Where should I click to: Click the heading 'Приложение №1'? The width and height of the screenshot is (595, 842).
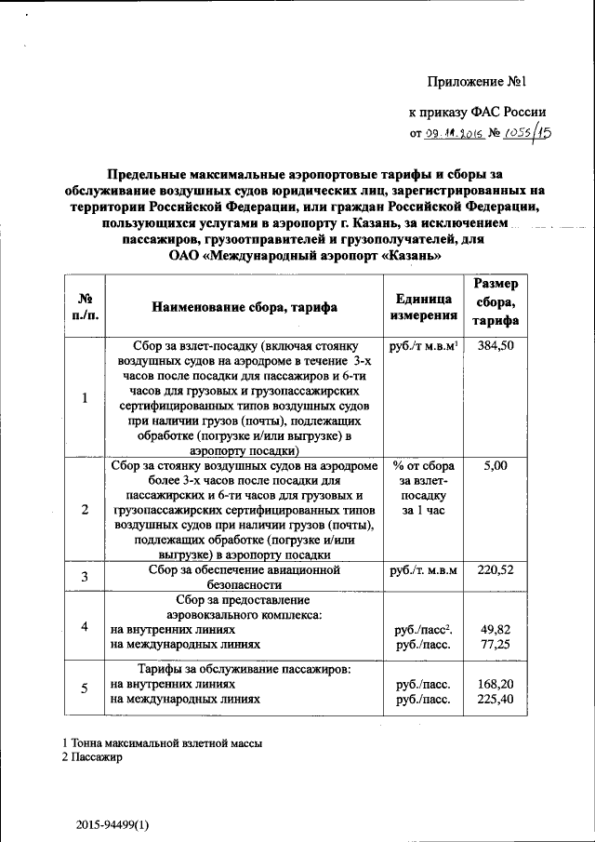tap(477, 84)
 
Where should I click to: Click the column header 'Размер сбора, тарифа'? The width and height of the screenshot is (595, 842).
tap(496, 302)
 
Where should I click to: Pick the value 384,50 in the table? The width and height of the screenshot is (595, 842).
tap(496, 346)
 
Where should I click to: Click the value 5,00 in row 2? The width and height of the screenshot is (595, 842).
tap(496, 465)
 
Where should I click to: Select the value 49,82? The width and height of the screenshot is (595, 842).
tap(496, 629)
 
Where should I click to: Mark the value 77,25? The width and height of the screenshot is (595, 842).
tap(496, 644)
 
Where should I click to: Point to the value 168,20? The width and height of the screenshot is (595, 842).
tap(496, 684)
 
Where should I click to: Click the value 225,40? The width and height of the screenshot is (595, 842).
tap(496, 699)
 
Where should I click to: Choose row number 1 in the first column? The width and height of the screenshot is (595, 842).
tap(85, 398)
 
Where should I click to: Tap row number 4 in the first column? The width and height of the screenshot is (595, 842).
tap(85, 626)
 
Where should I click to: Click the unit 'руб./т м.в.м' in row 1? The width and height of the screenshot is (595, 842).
tap(422, 346)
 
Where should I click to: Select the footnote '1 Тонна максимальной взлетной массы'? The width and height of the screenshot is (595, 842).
tap(162, 743)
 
